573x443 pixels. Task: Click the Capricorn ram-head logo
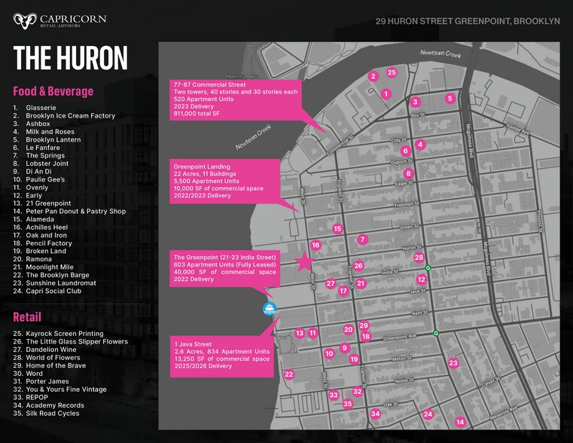click(25, 20)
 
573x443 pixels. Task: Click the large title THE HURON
click(71, 58)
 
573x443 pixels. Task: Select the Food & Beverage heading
click(53, 91)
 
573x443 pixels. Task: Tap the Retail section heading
click(27, 317)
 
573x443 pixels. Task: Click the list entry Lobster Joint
click(47, 163)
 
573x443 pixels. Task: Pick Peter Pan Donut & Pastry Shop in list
click(75, 212)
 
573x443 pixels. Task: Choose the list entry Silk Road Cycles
click(52, 414)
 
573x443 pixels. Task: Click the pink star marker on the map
click(303, 261)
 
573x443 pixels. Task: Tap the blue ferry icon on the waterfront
click(270, 308)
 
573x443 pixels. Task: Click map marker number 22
click(288, 374)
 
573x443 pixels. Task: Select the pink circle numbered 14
click(460, 422)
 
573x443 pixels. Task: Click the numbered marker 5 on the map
click(450, 98)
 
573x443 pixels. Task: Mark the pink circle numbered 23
click(453, 363)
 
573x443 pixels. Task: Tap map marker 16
click(315, 245)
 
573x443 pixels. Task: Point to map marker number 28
click(419, 258)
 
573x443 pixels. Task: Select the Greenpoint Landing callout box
click(224, 181)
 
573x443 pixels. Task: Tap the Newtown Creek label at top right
click(440, 53)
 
